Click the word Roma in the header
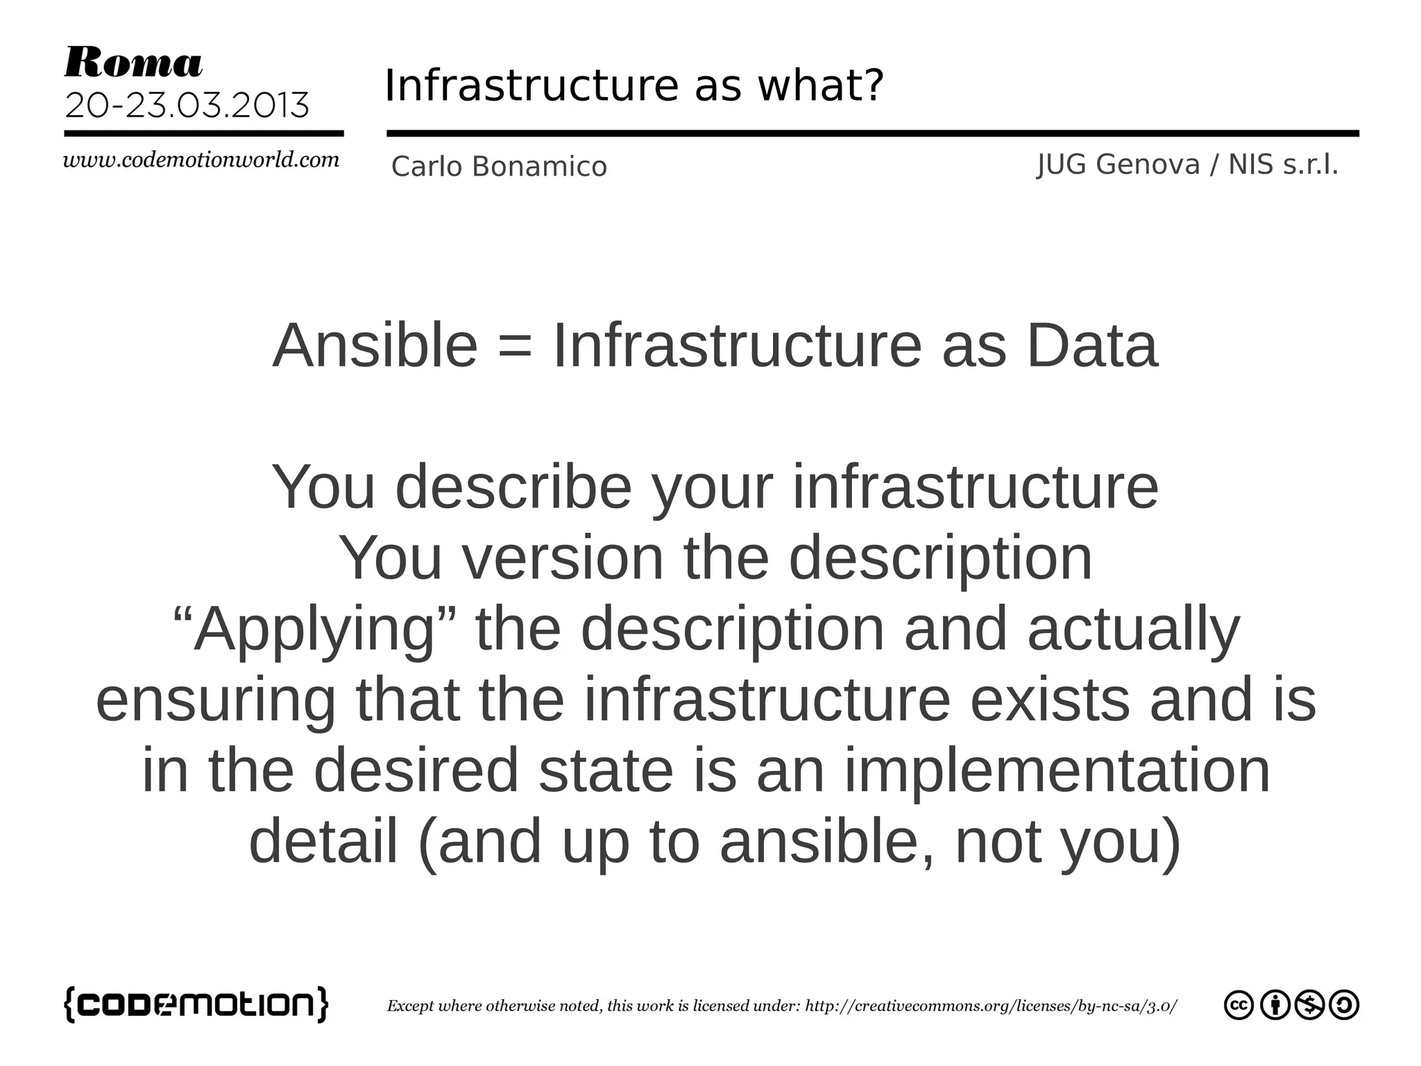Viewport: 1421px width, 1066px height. pyautogui.click(x=133, y=63)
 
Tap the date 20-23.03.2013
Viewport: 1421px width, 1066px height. pyautogui.click(x=187, y=106)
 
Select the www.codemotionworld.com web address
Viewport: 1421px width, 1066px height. pyautogui.click(x=201, y=160)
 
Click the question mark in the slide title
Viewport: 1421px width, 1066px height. pyautogui.click(x=874, y=85)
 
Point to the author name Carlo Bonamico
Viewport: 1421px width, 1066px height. pyautogui.click(x=499, y=167)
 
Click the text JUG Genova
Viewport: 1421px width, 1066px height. pyautogui.click(x=1118, y=165)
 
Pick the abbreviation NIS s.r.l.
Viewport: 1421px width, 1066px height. pyautogui.click(x=1283, y=165)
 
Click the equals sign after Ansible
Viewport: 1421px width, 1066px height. pyautogui.click(x=516, y=346)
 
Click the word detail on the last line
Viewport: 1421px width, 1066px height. pyautogui.click(x=323, y=841)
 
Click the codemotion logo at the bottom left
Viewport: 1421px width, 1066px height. pyautogui.click(x=196, y=1004)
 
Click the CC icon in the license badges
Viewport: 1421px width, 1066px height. pyautogui.click(x=1239, y=1006)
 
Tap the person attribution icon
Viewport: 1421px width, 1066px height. pyautogui.click(x=1275, y=1006)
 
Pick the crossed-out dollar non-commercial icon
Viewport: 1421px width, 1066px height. pyautogui.click(x=1310, y=1006)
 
